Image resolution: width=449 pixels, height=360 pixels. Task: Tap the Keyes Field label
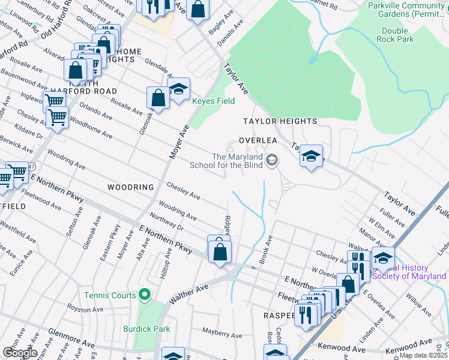tap(213, 101)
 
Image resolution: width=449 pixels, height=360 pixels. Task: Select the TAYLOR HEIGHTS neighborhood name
tap(280, 121)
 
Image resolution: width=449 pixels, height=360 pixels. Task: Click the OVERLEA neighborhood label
tap(258, 139)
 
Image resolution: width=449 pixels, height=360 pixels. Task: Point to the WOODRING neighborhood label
tap(131, 187)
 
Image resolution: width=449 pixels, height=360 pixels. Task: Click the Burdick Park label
tap(146, 329)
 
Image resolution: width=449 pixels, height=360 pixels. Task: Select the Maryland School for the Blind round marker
tap(273, 160)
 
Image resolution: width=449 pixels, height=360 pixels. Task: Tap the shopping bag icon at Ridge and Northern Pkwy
tap(220, 252)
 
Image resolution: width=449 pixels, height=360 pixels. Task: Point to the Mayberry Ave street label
tap(221, 331)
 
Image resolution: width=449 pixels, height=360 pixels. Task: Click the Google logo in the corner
tap(20, 353)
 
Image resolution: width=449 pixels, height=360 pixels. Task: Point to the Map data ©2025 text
tap(424, 356)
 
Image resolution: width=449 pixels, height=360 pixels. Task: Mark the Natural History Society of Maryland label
tap(409, 272)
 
